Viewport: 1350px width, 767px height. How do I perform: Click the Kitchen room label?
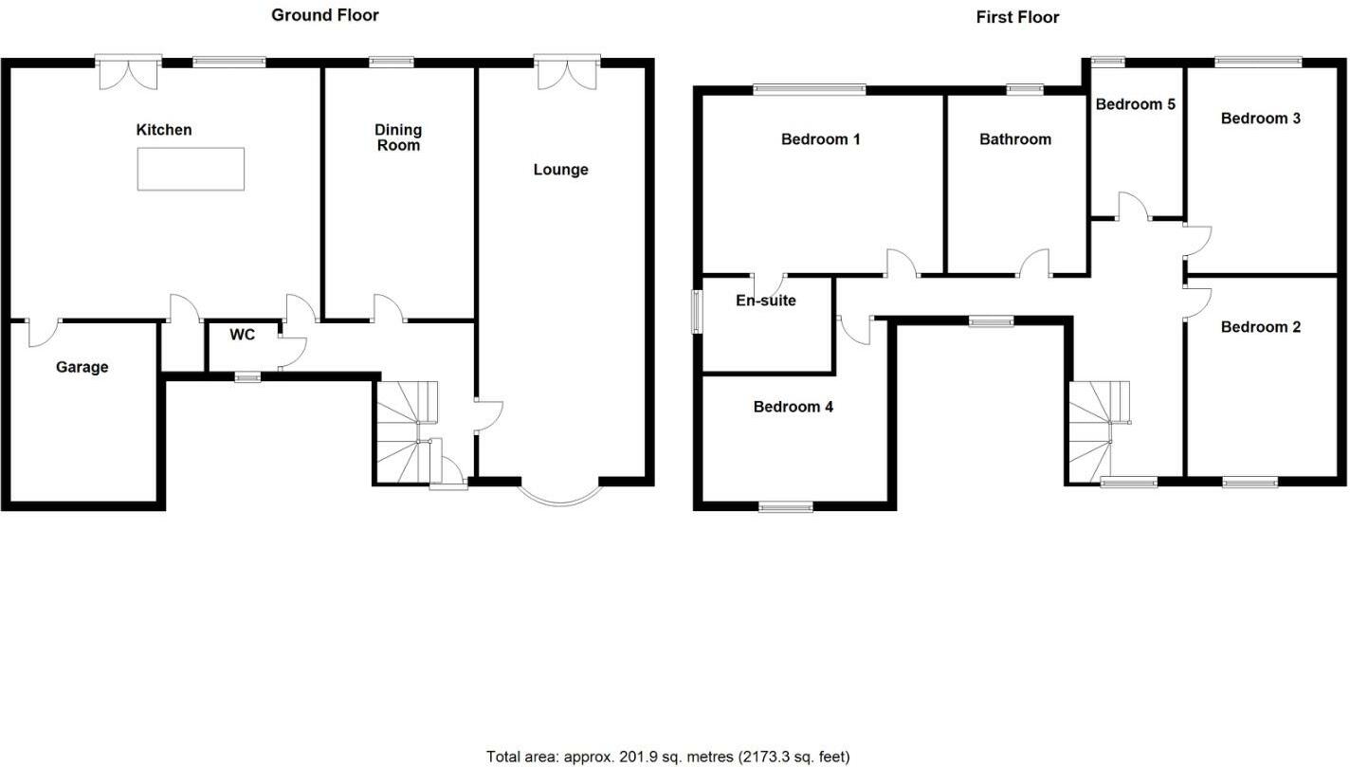(164, 130)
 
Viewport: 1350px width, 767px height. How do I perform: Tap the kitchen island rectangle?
(191, 169)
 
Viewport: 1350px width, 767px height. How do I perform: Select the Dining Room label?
(398, 137)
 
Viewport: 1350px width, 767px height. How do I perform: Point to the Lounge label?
(560, 170)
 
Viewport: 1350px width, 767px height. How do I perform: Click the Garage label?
(82, 367)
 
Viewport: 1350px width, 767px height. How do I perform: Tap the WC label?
(243, 335)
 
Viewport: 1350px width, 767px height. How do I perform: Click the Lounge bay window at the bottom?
(559, 495)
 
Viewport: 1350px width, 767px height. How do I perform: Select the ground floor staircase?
(404, 432)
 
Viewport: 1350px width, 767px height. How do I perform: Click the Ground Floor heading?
(325, 14)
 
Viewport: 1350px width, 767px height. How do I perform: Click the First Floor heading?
(1017, 17)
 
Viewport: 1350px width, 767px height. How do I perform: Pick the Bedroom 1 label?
(820, 139)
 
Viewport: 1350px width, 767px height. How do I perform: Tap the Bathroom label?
(1015, 139)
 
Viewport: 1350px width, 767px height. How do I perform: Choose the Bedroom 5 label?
(1135, 104)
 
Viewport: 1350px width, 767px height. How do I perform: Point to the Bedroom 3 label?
(1260, 119)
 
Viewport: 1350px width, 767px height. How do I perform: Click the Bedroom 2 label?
(1260, 327)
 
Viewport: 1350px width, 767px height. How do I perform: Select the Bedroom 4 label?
(793, 407)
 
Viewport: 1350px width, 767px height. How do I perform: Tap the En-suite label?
(766, 301)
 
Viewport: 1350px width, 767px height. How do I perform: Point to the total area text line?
(667, 757)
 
